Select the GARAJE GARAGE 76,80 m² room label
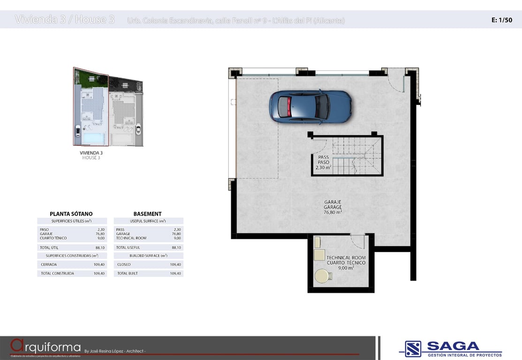coord(333,207)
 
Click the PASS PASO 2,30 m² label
coord(323,162)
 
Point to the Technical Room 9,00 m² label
coord(346,262)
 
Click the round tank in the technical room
coord(322,276)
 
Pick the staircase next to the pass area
coord(356,156)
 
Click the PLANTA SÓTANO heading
coord(71,214)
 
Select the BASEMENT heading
coord(147,214)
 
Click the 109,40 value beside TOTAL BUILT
coord(175,273)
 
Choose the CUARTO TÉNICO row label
coord(53,238)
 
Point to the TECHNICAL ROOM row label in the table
coord(131,238)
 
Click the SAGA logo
coord(450,348)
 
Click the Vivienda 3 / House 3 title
coord(65,20)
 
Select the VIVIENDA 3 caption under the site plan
coord(91,153)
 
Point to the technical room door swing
coord(358,241)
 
